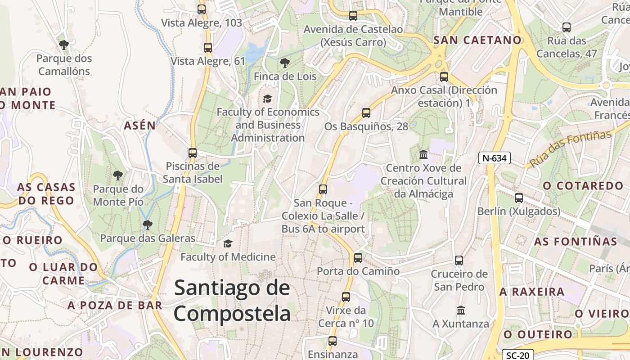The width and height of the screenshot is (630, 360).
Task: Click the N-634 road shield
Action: click(x=494, y=158)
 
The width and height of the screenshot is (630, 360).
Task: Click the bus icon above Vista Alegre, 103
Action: click(x=202, y=9)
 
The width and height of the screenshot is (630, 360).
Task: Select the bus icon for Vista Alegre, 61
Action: click(x=207, y=47)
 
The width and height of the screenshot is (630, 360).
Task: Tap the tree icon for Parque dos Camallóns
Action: click(x=64, y=45)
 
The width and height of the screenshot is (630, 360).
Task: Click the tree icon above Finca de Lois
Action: click(x=284, y=63)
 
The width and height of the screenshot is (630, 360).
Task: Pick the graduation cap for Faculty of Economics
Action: click(x=268, y=98)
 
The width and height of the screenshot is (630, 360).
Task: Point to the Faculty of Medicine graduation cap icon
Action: click(x=228, y=243)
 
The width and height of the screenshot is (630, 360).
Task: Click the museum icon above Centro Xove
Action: click(x=423, y=154)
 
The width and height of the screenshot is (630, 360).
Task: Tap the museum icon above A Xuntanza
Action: click(x=461, y=310)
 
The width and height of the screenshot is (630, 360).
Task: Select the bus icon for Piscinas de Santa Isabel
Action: click(x=193, y=153)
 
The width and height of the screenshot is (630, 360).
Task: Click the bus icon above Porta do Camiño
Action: click(x=358, y=258)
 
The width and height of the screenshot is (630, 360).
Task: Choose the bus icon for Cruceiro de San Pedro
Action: click(x=459, y=260)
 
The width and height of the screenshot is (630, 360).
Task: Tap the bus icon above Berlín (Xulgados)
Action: click(x=519, y=198)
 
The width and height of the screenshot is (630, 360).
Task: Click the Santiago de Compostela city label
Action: click(x=232, y=300)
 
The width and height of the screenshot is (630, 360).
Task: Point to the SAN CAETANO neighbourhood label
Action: click(x=477, y=40)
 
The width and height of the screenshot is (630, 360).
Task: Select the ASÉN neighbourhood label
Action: click(x=139, y=126)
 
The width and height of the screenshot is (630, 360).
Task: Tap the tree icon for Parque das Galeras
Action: click(x=147, y=225)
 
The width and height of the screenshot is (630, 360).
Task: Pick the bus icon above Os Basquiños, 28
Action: click(x=366, y=112)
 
